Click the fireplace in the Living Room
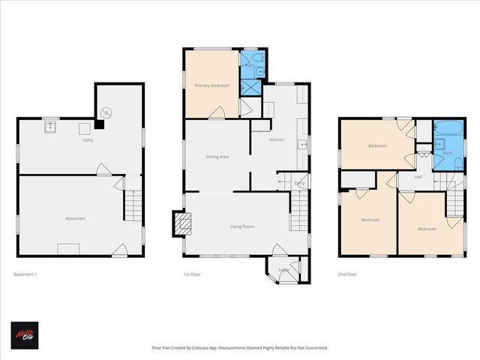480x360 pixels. (x=183, y=222)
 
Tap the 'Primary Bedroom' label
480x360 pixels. (x=212, y=86)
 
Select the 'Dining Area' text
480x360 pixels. (x=217, y=156)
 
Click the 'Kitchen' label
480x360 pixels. (x=277, y=139)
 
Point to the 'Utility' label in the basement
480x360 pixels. (x=88, y=140)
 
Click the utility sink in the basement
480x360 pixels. (x=51, y=127)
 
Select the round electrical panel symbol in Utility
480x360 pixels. (x=106, y=112)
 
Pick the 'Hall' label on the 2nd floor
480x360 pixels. (x=418, y=177)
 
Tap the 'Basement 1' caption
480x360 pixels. (x=25, y=274)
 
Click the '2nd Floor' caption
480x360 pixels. (x=347, y=274)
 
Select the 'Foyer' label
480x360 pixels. (x=284, y=269)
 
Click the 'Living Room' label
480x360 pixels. (x=241, y=226)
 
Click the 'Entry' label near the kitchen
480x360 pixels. (x=298, y=183)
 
